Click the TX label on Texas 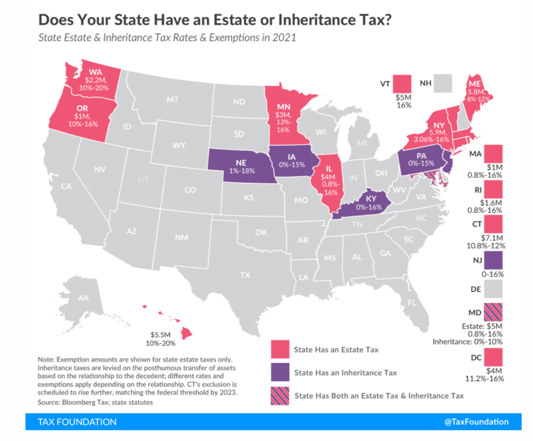tap(245, 275)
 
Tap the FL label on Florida tap(412, 302)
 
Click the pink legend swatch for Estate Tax tap(280, 350)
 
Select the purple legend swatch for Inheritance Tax tap(280, 373)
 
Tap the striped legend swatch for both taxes tap(280, 396)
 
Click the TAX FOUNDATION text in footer tap(77, 422)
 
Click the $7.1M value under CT tap(494, 237)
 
